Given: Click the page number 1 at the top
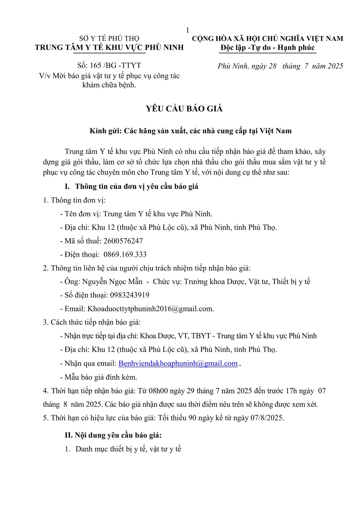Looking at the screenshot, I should point(187,30).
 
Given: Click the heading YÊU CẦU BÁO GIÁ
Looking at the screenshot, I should point(184,109).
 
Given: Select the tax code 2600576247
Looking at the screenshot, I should point(123,241).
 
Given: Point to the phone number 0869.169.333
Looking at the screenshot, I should point(125,255).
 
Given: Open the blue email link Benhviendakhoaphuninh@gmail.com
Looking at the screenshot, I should point(178,363).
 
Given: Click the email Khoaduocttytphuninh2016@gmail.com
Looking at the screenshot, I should point(150,309).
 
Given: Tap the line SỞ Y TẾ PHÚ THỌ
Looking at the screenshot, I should point(109,38).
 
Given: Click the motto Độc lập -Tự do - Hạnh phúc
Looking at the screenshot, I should point(268,48).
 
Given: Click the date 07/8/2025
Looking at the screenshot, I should point(267,418).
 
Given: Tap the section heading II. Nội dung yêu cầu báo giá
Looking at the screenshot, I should point(113,435).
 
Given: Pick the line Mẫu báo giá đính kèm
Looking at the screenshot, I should point(101,377).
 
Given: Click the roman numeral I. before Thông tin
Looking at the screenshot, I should point(68,187).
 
